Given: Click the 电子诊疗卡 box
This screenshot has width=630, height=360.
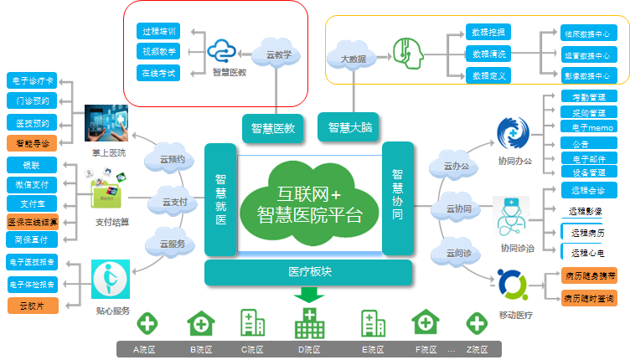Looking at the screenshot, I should click(32, 80).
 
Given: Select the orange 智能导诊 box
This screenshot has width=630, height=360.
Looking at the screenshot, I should click(32, 143).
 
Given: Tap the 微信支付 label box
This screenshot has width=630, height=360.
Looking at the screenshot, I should click(32, 184).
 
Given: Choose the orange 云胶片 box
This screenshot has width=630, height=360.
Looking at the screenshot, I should click(32, 306).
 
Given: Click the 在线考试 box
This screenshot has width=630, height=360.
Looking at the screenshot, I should click(159, 73).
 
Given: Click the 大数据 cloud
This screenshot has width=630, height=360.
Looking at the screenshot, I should click(351, 59).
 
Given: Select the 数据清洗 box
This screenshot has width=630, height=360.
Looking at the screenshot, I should click(488, 54).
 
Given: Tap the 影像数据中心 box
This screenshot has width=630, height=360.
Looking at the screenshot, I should click(586, 75).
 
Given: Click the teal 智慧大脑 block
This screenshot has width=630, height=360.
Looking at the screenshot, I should click(350, 127).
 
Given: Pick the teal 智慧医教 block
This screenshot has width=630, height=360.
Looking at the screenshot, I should click(273, 128).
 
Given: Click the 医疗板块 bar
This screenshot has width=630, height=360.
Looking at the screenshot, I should click(310, 272).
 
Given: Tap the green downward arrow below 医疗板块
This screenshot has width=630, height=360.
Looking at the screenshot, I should click(310, 294).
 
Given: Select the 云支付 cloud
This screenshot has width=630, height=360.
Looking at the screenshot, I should click(173, 202).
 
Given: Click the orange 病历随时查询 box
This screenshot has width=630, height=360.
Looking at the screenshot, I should click(590, 297).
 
